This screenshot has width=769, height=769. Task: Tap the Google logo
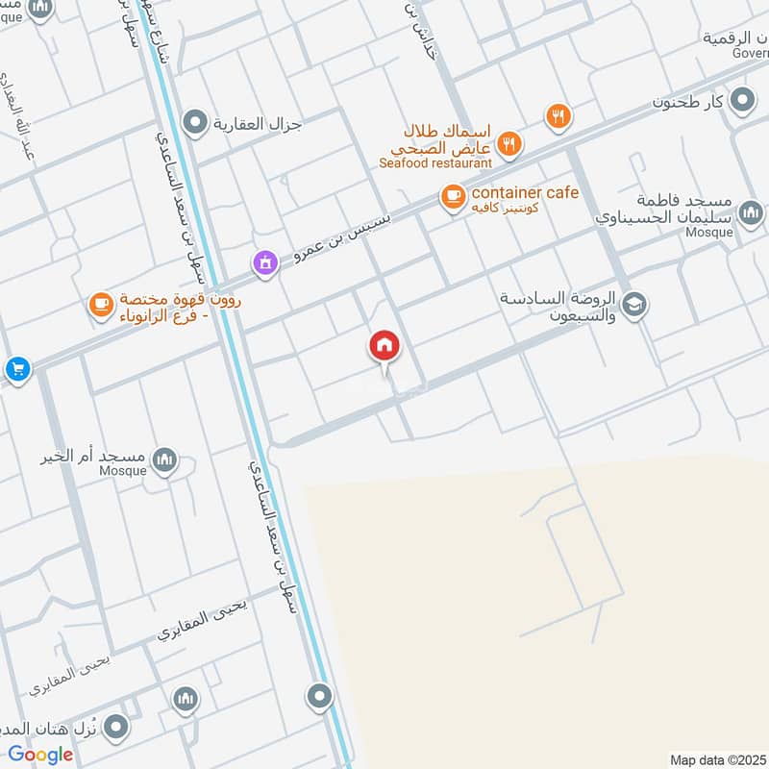coord(41,754)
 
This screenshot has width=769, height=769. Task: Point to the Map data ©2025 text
coord(718,759)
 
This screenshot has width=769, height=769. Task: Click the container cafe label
coord(524,193)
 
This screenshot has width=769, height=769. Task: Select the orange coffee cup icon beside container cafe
coord(451,197)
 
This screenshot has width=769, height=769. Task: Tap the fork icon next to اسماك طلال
coord(509,145)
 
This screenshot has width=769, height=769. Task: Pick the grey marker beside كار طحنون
coord(741,100)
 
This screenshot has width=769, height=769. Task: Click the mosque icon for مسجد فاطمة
coord(751,211)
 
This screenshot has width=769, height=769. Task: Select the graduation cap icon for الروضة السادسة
coord(633,306)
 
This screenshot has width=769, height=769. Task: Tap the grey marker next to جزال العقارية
coord(196,122)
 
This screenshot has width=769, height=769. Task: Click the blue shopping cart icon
coord(15,368)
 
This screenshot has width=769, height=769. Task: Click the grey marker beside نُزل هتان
coord(117,726)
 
